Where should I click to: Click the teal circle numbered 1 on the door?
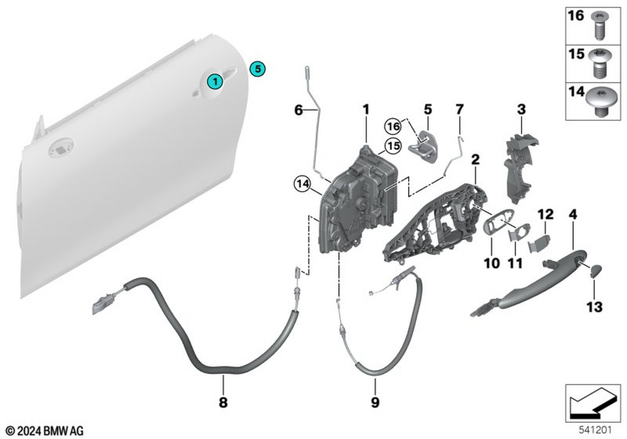pyautogui.click(x=214, y=81)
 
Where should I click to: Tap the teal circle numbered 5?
pyautogui.click(x=258, y=68)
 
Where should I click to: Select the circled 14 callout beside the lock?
pyautogui.click(x=302, y=184)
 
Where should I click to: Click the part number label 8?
pyautogui.click(x=223, y=403)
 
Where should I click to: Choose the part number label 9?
pyautogui.click(x=375, y=403)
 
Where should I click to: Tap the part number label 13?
pyautogui.click(x=594, y=307)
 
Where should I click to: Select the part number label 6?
pyautogui.click(x=300, y=110)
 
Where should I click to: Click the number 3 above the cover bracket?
pyautogui.click(x=521, y=110)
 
